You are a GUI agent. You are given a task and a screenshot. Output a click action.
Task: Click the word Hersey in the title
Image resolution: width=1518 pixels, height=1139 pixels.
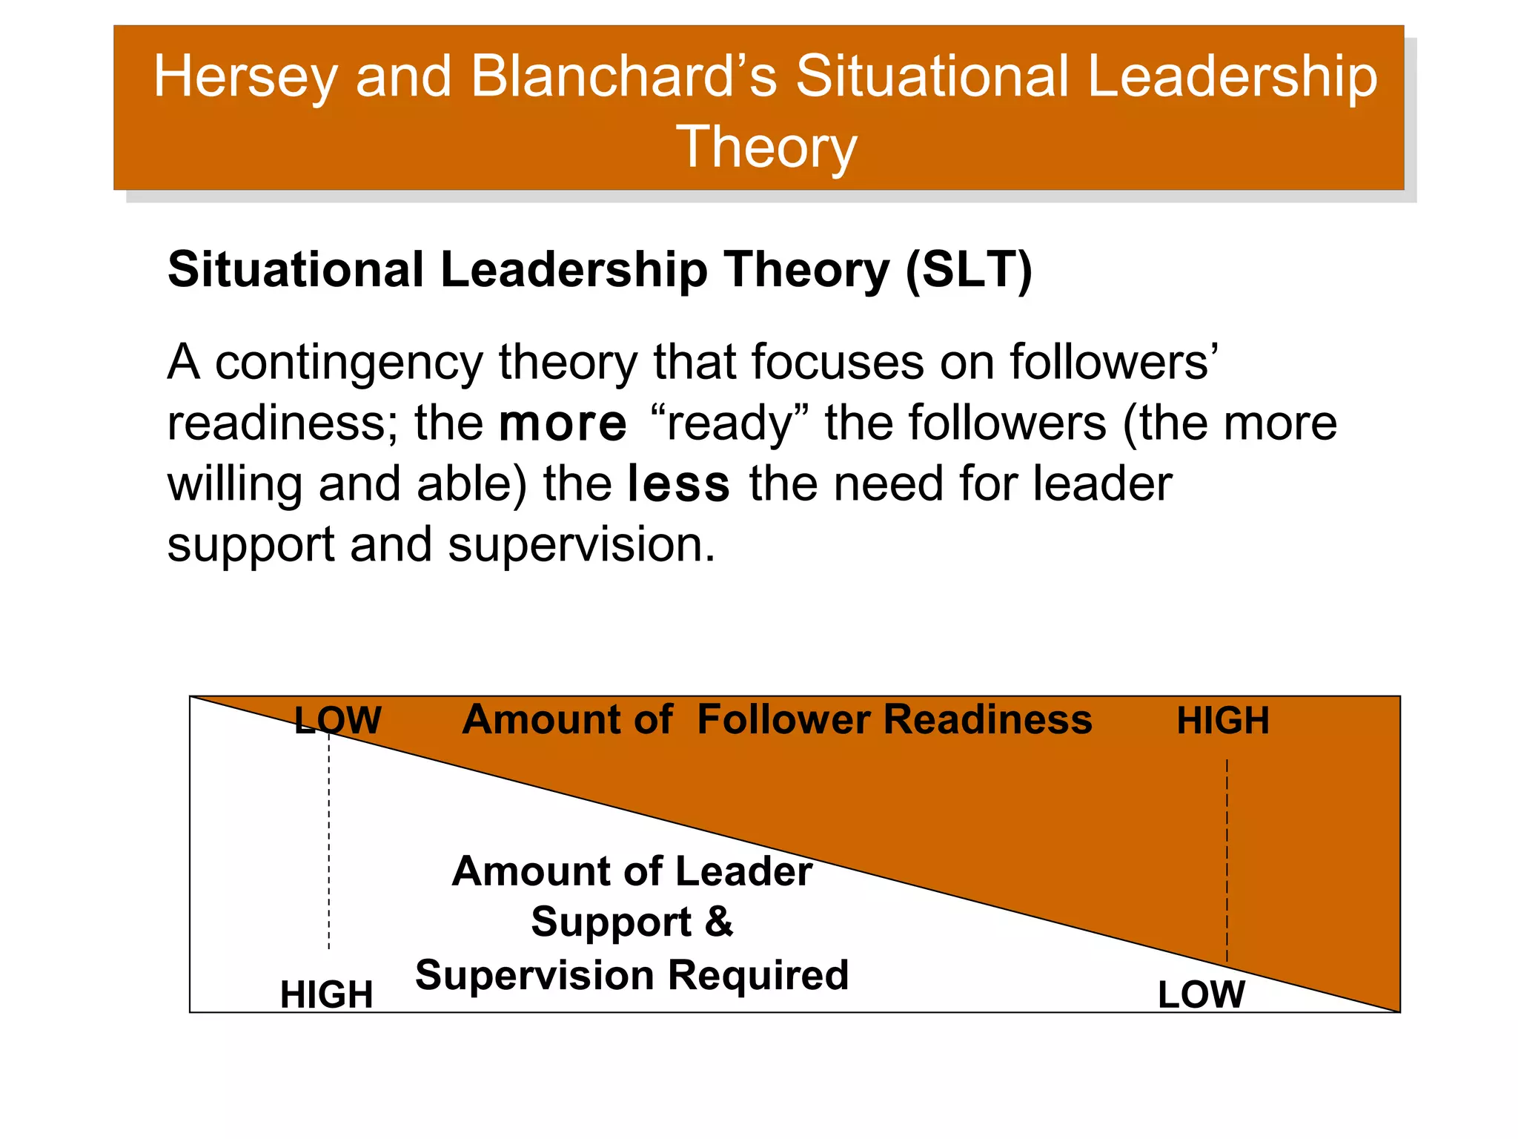point(245,77)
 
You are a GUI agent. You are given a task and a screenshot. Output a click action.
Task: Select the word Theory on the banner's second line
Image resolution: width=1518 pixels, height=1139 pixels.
point(766,147)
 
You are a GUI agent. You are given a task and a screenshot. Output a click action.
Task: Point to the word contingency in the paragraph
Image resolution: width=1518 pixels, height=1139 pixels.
point(348,363)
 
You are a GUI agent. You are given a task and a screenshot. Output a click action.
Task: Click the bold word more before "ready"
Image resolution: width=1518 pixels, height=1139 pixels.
point(563,423)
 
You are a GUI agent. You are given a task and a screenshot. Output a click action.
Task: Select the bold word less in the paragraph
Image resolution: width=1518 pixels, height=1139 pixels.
point(678,484)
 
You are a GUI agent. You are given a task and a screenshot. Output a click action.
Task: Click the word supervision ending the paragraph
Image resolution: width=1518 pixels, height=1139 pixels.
point(581,545)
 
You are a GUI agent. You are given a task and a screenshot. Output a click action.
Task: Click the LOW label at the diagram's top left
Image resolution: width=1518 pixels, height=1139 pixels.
point(338,720)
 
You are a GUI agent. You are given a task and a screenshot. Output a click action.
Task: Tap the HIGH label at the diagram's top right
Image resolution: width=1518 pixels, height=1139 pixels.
point(1223,721)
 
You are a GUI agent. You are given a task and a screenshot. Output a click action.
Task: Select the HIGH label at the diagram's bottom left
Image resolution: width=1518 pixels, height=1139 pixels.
point(326,994)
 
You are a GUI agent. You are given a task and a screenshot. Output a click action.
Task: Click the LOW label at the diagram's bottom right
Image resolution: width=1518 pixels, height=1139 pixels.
point(1201,994)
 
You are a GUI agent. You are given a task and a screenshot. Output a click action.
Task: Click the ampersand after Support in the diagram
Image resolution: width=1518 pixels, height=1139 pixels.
point(718,922)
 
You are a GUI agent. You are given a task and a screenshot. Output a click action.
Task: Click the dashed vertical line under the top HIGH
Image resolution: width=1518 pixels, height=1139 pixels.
point(1227,860)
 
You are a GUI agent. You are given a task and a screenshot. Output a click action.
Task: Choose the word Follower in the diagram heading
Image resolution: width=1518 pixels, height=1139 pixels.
point(784,720)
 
